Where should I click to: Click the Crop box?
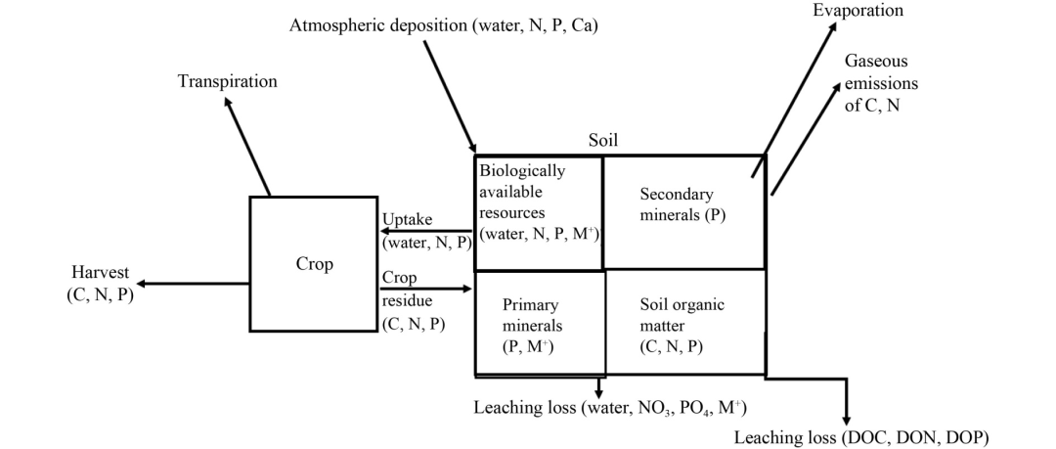[x=314, y=264]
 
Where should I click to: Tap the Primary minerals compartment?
[x=530, y=324]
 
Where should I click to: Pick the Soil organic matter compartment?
[x=681, y=324]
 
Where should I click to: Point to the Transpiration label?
[x=227, y=81]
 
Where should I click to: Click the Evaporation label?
[x=858, y=11]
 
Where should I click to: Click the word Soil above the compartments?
[x=603, y=141]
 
